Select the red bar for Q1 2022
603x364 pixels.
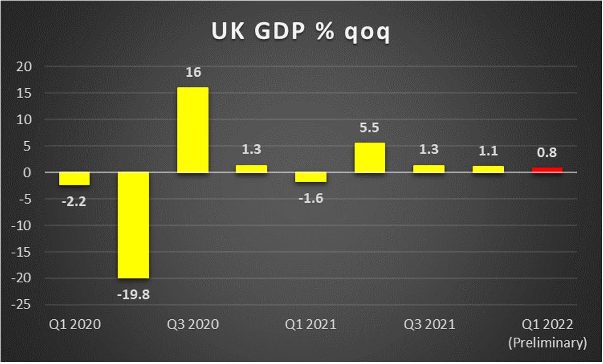click(547, 170)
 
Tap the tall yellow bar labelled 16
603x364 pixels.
click(192, 130)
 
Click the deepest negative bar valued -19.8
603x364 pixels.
click(133, 225)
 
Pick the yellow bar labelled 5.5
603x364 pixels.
click(369, 157)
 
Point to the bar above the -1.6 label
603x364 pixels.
click(310, 177)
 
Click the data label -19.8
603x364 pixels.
click(133, 296)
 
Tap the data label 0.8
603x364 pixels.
click(547, 154)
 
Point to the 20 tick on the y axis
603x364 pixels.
click(26, 66)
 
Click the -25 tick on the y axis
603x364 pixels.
click(23, 305)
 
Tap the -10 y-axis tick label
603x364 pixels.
click(23, 225)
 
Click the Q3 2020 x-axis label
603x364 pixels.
click(192, 325)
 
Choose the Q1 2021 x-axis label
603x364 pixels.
click(310, 325)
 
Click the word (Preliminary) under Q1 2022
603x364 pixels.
click(547, 343)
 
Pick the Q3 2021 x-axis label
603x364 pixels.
click(429, 325)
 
